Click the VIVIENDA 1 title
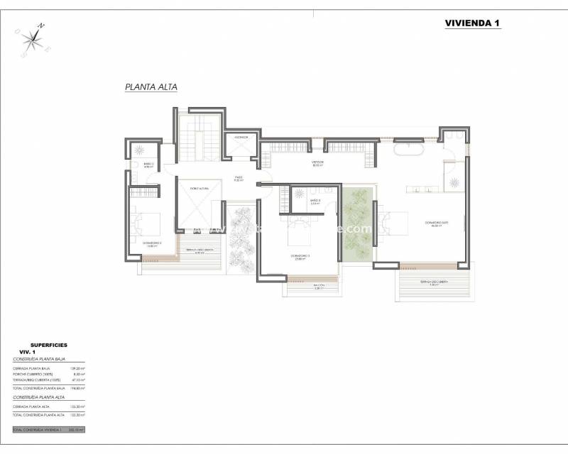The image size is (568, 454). [x=472, y=23]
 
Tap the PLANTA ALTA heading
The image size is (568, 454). [x=151, y=87]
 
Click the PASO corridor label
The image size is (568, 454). [x=239, y=179]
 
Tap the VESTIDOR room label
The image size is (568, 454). [x=317, y=162]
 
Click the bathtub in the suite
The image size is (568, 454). [x=410, y=151]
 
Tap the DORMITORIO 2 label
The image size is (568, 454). [x=152, y=243]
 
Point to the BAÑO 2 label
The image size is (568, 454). [x=148, y=165]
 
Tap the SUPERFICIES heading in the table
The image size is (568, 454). [x=49, y=345]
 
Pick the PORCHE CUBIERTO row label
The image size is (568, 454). [x=31, y=375]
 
